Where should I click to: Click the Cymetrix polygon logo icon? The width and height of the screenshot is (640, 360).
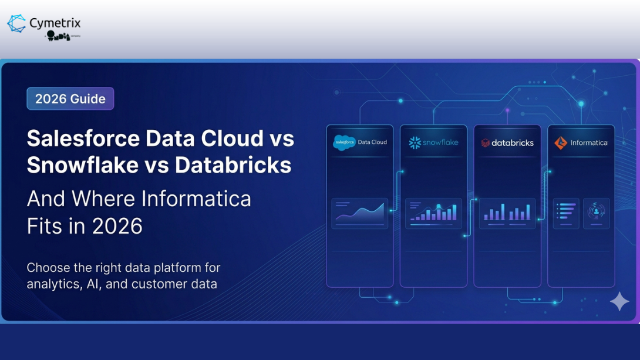click(16, 23)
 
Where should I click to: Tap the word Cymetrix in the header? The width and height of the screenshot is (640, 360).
click(55, 23)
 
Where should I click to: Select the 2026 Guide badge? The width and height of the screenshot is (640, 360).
click(70, 99)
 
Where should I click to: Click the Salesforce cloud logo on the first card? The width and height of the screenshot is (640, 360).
click(344, 142)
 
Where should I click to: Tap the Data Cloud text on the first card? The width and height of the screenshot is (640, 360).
click(372, 142)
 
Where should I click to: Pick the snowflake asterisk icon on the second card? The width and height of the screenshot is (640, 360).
click(415, 143)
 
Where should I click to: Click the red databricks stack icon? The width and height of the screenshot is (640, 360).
click(485, 143)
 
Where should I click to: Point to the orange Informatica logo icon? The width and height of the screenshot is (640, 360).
click(561, 143)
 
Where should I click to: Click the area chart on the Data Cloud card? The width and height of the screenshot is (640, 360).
click(360, 213)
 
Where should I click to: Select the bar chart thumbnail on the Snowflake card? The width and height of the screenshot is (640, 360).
click(433, 213)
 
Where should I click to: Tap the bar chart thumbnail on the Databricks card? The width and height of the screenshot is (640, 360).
click(507, 213)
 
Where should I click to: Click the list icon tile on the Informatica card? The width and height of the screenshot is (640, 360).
click(566, 213)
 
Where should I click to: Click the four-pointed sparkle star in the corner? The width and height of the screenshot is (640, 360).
click(619, 301)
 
